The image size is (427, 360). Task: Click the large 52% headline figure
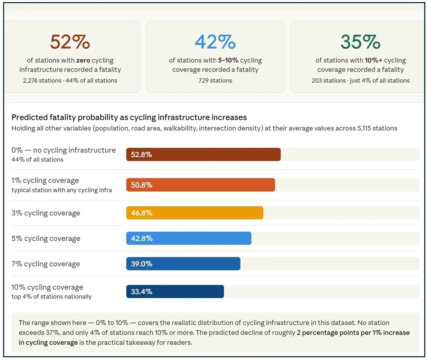point(70,42)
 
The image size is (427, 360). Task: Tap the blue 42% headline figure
point(215,42)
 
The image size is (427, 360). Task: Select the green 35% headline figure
point(360,42)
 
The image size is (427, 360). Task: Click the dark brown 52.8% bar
point(203,155)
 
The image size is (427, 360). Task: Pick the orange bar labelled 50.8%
point(200,185)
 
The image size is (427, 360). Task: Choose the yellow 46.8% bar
point(194,213)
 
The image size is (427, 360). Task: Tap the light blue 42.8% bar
point(189,239)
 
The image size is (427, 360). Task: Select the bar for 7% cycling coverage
point(183,264)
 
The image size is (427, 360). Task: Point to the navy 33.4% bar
point(175,292)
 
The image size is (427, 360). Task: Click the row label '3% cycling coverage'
point(46,213)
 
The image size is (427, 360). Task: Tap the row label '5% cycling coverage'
point(46,239)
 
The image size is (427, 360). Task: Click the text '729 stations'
point(215,81)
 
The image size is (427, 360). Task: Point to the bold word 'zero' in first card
point(83,61)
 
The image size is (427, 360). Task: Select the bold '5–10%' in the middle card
point(228,61)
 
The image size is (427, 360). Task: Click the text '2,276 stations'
point(42,81)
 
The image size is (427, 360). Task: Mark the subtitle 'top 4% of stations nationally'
point(51,297)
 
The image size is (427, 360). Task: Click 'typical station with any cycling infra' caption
point(61,190)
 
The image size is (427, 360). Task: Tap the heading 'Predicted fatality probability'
point(65,118)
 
